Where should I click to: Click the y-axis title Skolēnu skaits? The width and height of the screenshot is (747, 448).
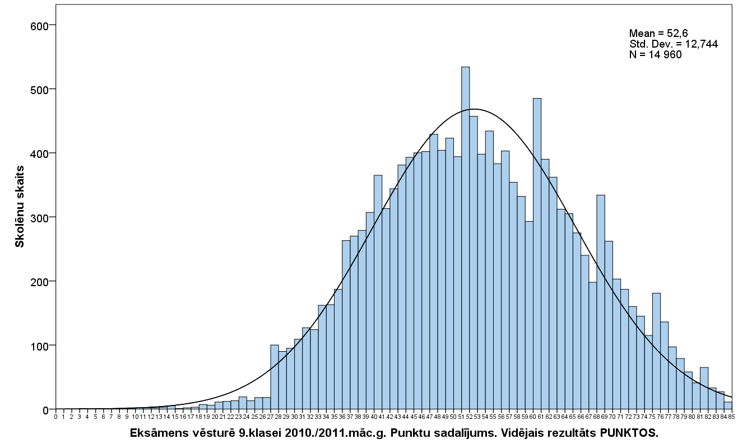20,206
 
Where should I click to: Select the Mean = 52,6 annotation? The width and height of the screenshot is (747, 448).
658,34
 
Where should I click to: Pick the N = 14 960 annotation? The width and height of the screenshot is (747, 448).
655,54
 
